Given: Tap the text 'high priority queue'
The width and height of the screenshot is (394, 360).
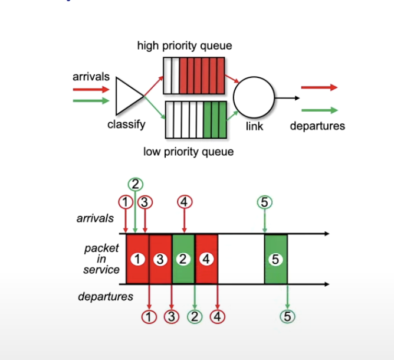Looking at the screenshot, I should [x=185, y=45].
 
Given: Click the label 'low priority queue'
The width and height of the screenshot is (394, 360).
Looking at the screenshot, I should [x=189, y=152].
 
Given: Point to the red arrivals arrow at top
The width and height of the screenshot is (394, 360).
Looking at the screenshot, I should [x=91, y=90].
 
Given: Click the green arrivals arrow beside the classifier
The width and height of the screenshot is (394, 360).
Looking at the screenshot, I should [x=91, y=101].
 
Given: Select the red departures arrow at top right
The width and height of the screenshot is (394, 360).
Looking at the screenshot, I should [x=319, y=87].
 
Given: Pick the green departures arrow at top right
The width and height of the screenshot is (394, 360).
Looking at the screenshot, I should [x=319, y=110].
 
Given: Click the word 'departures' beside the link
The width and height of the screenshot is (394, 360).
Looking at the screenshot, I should [x=317, y=126].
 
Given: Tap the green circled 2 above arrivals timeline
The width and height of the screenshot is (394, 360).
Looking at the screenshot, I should [x=135, y=184].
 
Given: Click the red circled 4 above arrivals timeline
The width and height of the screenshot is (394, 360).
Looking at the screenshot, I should [x=185, y=202].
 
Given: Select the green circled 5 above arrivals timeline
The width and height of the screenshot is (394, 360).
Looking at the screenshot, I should [x=264, y=202].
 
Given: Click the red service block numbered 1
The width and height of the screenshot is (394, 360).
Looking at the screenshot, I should [x=137, y=259].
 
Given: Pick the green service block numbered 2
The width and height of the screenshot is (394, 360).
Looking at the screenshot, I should [x=183, y=259].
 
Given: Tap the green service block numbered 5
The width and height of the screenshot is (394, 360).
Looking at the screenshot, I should [x=275, y=259].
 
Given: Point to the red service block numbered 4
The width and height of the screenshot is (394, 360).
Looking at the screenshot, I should [x=206, y=259].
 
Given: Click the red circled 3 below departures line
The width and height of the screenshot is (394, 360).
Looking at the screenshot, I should [x=172, y=316].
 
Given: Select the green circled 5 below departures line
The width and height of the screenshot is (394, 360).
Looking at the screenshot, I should [x=287, y=316].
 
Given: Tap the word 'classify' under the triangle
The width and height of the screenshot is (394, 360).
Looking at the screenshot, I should [x=126, y=125].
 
